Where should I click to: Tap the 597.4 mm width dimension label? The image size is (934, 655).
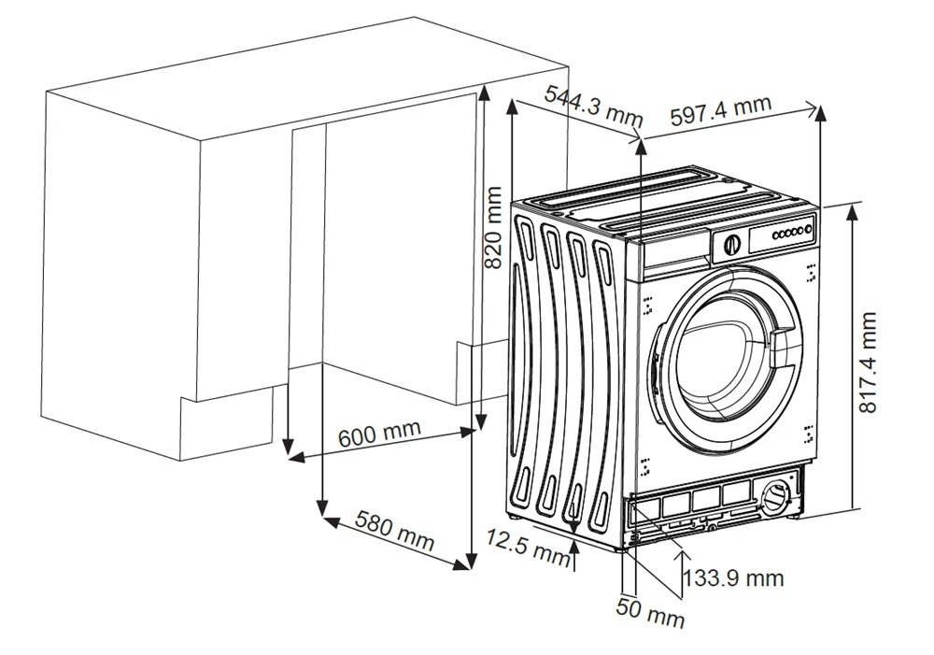pyautogui.click(x=721, y=110)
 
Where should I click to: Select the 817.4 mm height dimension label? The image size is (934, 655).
pyautogui.click(x=868, y=362)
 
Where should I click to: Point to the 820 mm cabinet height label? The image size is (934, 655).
pyautogui.click(x=494, y=227)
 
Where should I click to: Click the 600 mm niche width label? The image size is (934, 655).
pyautogui.click(x=379, y=432)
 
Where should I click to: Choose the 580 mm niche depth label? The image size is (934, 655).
pyautogui.click(x=395, y=531)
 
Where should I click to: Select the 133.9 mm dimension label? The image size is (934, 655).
pyautogui.click(x=733, y=577)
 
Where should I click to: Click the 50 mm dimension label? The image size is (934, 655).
pyautogui.click(x=650, y=612)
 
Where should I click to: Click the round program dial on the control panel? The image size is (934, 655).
pyautogui.click(x=731, y=245)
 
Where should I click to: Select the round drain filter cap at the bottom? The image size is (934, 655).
pyautogui.click(x=775, y=496)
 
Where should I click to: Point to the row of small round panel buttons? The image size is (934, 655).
pyautogui.click(x=792, y=231)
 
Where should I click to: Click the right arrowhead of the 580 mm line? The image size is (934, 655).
pyautogui.click(x=461, y=563)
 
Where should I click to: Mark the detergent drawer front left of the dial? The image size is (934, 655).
pyautogui.click(x=674, y=255)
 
